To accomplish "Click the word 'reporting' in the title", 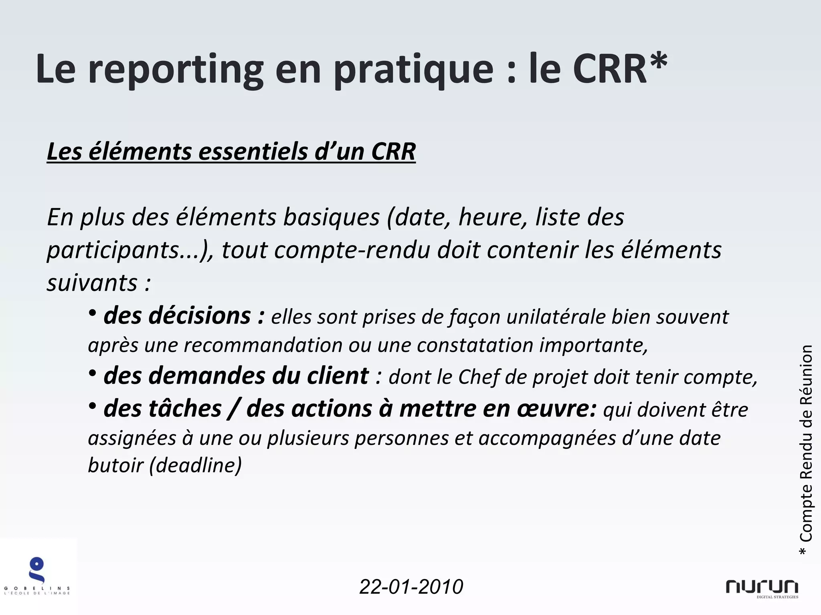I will tap(176, 70).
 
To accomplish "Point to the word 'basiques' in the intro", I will tap(332, 217).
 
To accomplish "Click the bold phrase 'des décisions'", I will tap(177, 316).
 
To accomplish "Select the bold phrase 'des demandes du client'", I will tap(236, 376).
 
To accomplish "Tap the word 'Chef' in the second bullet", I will tap(479, 377).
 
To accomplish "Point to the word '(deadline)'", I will tap(195, 465).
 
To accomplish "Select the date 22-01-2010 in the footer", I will tap(411, 587).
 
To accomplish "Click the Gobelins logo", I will tap(37, 575).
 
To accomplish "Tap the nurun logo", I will tap(762, 588).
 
